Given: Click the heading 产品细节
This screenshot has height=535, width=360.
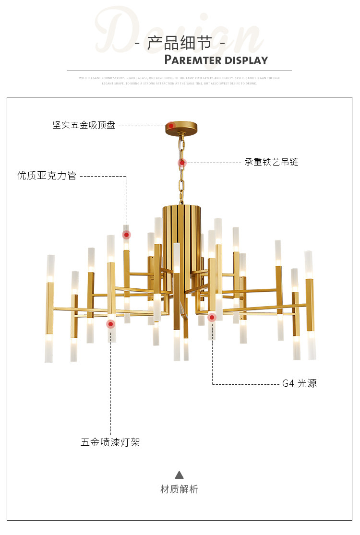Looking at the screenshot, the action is point(180,43).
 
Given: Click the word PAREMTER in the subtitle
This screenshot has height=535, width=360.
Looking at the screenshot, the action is point(193,60).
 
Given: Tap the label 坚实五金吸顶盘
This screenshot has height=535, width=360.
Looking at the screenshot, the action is point(84,126).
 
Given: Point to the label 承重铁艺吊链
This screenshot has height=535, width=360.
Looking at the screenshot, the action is point(271,162).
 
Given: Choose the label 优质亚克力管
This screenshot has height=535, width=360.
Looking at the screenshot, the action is point(47,176).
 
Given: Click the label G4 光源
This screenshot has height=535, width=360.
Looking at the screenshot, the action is point(299,383).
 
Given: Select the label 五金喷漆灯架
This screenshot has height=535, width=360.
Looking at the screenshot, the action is point(110,442).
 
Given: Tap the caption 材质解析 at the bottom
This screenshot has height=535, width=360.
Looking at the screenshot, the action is point(179,489).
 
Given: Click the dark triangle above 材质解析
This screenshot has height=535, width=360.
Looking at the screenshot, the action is point(179,475).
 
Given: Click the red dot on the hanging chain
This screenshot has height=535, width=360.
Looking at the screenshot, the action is point(182,163).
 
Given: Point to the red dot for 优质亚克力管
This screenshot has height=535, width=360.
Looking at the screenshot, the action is point(127,235).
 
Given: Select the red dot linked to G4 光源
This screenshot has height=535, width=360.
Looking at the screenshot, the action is point(212,317).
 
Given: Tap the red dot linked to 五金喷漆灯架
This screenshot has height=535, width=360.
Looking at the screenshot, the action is point(111,324).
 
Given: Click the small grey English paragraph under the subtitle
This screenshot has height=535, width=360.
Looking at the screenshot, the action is point(180,81).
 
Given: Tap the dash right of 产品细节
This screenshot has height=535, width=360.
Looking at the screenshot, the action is point(222,44).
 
